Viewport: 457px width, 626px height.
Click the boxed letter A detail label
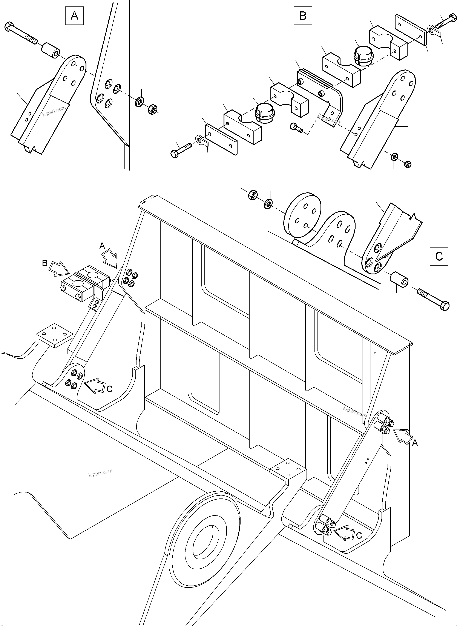tap(74, 16)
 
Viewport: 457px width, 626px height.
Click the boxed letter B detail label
tap(303, 16)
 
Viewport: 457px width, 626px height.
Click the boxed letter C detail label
tap(439, 256)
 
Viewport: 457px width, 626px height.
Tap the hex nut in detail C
tap(253, 195)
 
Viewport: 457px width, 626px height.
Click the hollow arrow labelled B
tap(59, 269)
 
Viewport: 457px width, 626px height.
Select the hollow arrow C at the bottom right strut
tap(344, 533)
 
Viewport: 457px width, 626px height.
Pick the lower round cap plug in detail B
tap(264, 113)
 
